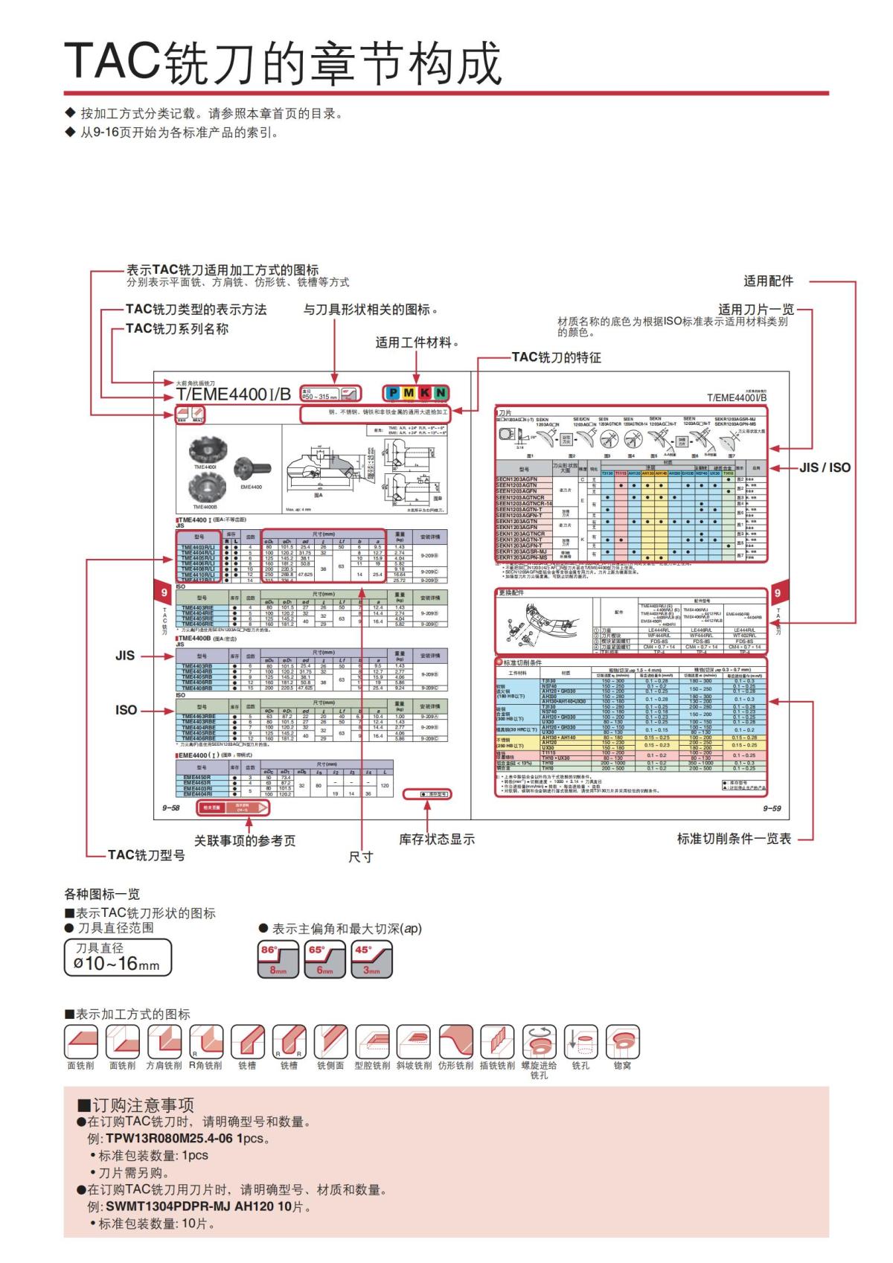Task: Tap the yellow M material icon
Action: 409,393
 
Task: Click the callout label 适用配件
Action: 768,281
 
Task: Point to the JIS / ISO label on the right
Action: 825,468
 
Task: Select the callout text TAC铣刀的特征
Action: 556,357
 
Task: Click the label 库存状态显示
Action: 437,840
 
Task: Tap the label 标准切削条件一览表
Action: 734,839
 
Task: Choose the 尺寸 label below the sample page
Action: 360,857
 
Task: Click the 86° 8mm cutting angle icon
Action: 278,960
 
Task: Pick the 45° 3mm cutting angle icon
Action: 372,960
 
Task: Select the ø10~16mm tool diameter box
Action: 118,958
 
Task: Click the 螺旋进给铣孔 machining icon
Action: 539,1042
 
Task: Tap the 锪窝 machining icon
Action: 623,1042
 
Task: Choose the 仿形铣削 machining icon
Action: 455,1042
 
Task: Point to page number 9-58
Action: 171,808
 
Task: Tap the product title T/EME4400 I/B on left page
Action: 234,394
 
